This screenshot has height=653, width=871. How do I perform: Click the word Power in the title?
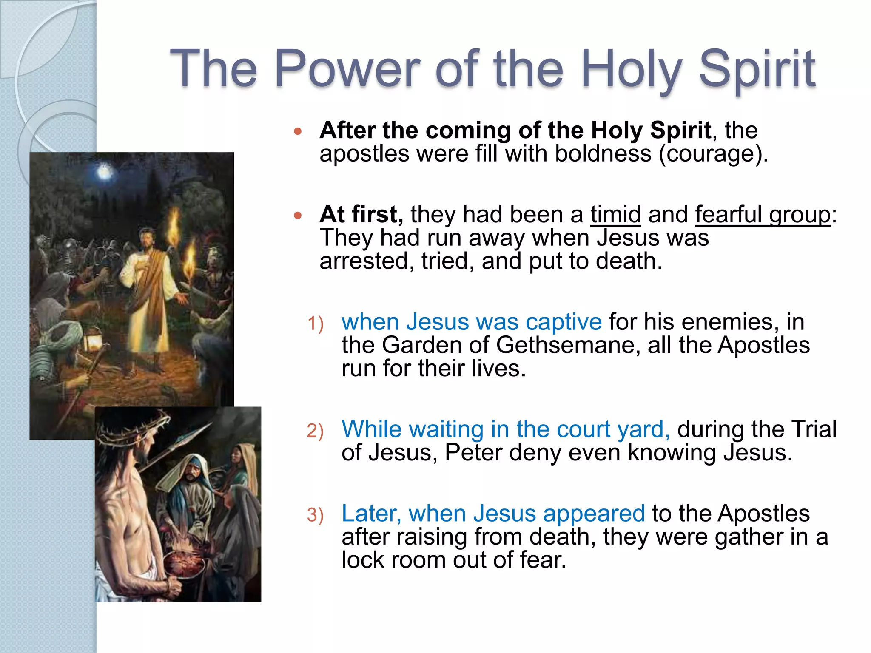tap(347, 69)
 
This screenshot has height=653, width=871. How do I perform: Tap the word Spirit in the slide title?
tap(757, 69)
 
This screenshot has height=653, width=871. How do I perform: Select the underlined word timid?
tap(615, 214)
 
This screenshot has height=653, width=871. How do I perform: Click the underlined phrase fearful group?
tap(763, 214)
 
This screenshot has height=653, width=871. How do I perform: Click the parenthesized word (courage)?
tap(713, 153)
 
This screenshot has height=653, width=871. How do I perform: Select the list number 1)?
tap(316, 324)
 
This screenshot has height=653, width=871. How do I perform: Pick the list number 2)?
tap(315, 431)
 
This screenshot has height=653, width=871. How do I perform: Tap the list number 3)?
tap(315, 515)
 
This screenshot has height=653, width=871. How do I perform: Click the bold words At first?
tap(361, 214)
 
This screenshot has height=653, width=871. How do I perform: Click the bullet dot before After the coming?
tap(298, 131)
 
